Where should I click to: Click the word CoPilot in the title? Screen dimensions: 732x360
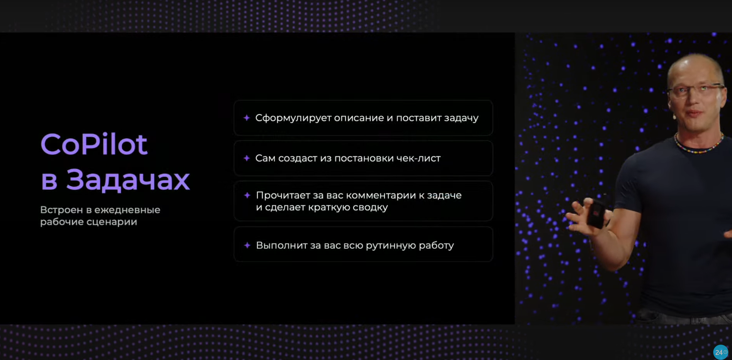[94, 144]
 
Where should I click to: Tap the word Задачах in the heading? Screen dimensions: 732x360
[128, 180]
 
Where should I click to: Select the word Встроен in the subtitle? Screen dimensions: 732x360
[61, 210]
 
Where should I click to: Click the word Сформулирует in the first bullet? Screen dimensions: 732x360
[293, 118]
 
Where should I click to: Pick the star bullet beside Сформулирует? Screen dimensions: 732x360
[247, 118]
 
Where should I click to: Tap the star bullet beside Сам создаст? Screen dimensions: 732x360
[247, 158]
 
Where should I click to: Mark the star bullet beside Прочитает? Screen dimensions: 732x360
[247, 195]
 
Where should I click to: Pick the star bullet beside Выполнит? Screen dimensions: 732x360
[247, 245]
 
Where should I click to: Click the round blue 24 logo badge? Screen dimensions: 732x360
[720, 352]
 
